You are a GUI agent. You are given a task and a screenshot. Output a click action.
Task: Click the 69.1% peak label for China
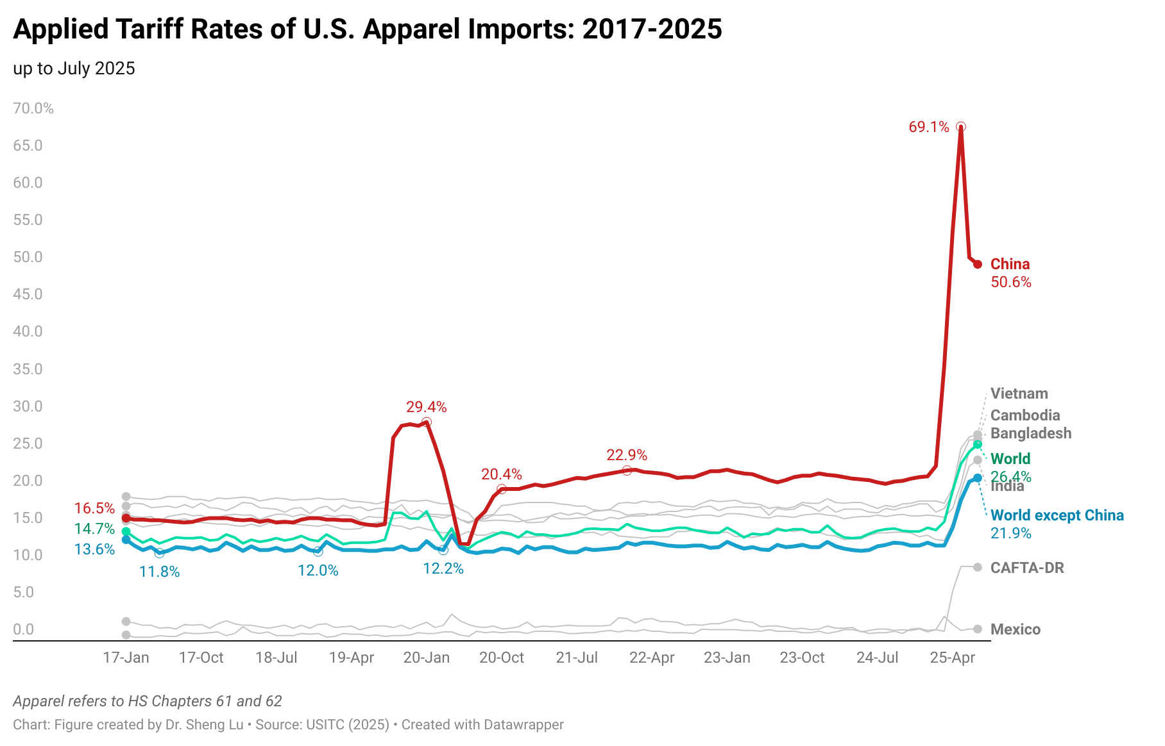[x=928, y=127]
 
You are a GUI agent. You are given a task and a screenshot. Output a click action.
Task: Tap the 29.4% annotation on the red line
[x=426, y=407]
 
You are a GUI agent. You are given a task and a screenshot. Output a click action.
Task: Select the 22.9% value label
[x=627, y=455]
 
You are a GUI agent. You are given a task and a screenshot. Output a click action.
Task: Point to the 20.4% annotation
[x=502, y=474]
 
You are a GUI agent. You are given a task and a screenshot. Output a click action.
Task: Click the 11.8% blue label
[x=159, y=572]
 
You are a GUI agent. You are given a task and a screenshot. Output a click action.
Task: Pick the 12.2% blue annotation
[x=443, y=568]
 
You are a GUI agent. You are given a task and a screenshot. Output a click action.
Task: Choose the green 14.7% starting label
[x=94, y=529]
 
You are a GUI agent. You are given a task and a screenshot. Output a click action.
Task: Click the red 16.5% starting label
[x=94, y=508]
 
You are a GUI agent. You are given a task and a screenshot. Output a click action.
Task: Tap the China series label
[x=1010, y=264]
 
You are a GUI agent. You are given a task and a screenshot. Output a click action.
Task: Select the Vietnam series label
[x=1019, y=394]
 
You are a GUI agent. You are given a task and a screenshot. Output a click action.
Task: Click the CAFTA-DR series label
[x=1026, y=568]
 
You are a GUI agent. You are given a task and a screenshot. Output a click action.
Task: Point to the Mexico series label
[x=1015, y=629]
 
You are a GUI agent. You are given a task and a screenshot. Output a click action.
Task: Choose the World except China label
[x=1057, y=515]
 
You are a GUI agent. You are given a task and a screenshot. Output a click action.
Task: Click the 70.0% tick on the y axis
[x=33, y=108]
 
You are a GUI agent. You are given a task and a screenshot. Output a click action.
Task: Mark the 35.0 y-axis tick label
[x=28, y=369]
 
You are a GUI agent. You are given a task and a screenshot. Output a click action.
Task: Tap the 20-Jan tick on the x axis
[x=426, y=658]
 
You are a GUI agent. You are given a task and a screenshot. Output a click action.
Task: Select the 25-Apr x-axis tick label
[x=952, y=658]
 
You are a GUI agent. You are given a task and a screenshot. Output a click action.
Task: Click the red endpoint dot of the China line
[x=977, y=264]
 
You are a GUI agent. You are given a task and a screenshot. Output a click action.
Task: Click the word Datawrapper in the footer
[x=523, y=725]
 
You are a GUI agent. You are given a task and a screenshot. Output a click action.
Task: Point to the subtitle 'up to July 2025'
[x=74, y=69]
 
